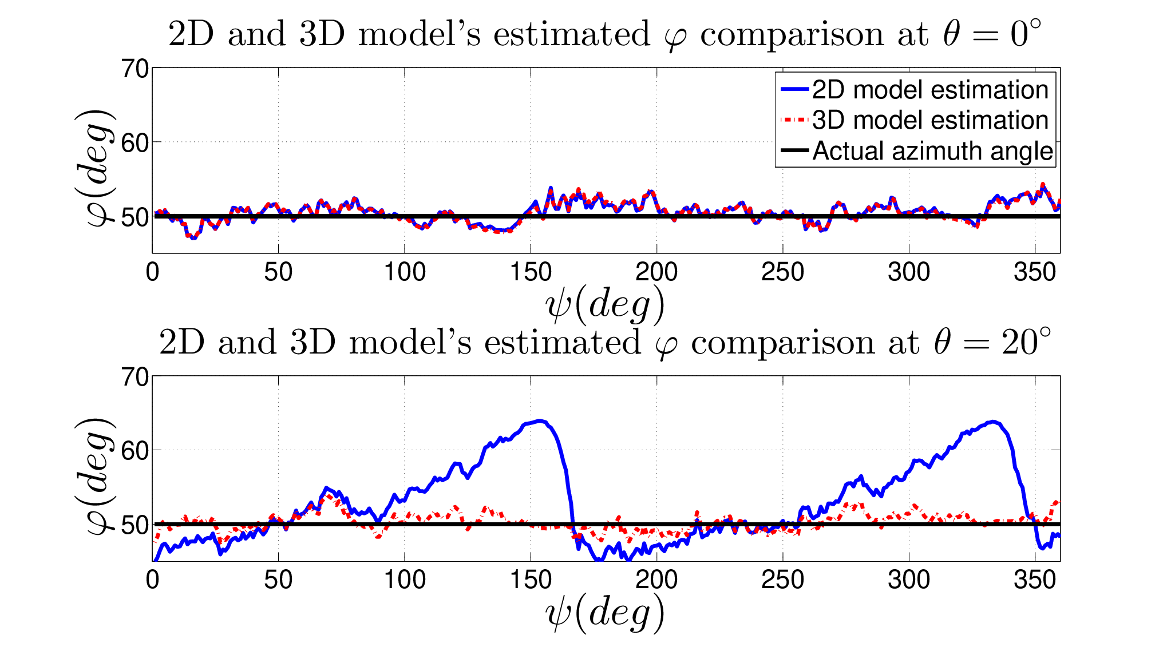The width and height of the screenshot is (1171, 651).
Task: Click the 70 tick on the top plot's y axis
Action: click(x=135, y=69)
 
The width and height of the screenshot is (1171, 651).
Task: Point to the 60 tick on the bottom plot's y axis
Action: click(x=135, y=450)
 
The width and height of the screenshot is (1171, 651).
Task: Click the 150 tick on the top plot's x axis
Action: click(x=531, y=272)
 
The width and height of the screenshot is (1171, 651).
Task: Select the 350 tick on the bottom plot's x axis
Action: click(x=1035, y=580)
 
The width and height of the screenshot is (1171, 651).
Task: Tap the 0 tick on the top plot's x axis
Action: click(x=152, y=272)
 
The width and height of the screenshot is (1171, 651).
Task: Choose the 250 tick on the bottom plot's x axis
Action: click(x=782, y=580)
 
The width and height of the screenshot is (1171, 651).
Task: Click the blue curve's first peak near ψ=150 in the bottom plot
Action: click(x=540, y=421)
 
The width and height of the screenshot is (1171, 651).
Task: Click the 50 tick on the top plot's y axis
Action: click(x=135, y=216)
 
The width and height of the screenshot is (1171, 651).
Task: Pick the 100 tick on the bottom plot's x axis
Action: click(x=405, y=580)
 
